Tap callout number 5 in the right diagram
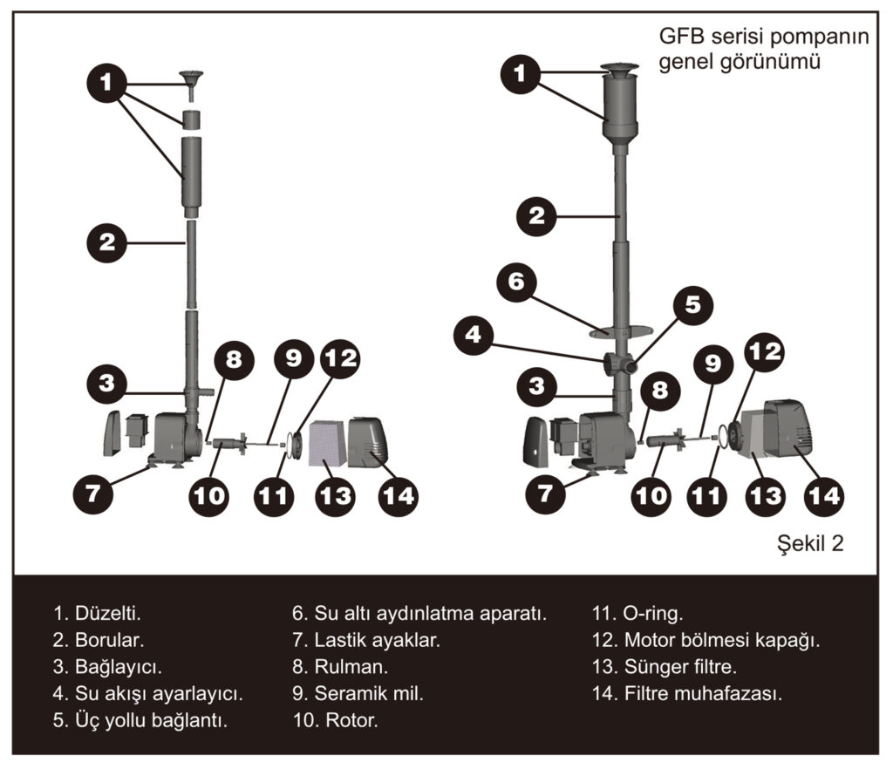[x=692, y=304]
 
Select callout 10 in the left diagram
[x=210, y=495]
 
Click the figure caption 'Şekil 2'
[x=810, y=544]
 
